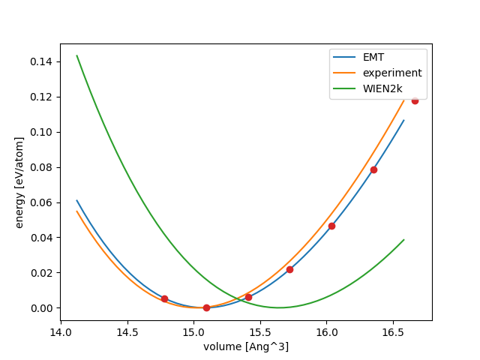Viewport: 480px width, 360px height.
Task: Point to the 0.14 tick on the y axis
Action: [x=43, y=61]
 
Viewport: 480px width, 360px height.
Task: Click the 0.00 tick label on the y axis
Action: [x=43, y=308]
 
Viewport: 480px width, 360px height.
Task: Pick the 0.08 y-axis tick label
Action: [x=43, y=167]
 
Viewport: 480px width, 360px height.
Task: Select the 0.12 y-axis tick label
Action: [x=43, y=97]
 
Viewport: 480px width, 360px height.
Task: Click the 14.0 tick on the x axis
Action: [x=61, y=332]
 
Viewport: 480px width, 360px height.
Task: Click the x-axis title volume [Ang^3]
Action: [x=246, y=346]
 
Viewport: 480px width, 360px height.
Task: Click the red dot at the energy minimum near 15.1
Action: [x=206, y=307]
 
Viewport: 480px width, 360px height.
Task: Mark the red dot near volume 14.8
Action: [x=164, y=298]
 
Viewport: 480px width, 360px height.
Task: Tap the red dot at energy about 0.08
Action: [x=373, y=169]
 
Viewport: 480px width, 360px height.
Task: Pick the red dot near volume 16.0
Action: [x=331, y=226]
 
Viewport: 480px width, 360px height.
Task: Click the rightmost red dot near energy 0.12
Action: [x=415, y=100]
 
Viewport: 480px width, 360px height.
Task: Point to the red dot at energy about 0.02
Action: [x=289, y=269]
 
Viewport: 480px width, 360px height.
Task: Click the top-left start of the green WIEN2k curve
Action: [x=77, y=55]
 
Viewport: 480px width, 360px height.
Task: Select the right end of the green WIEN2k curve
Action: [x=403, y=240]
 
